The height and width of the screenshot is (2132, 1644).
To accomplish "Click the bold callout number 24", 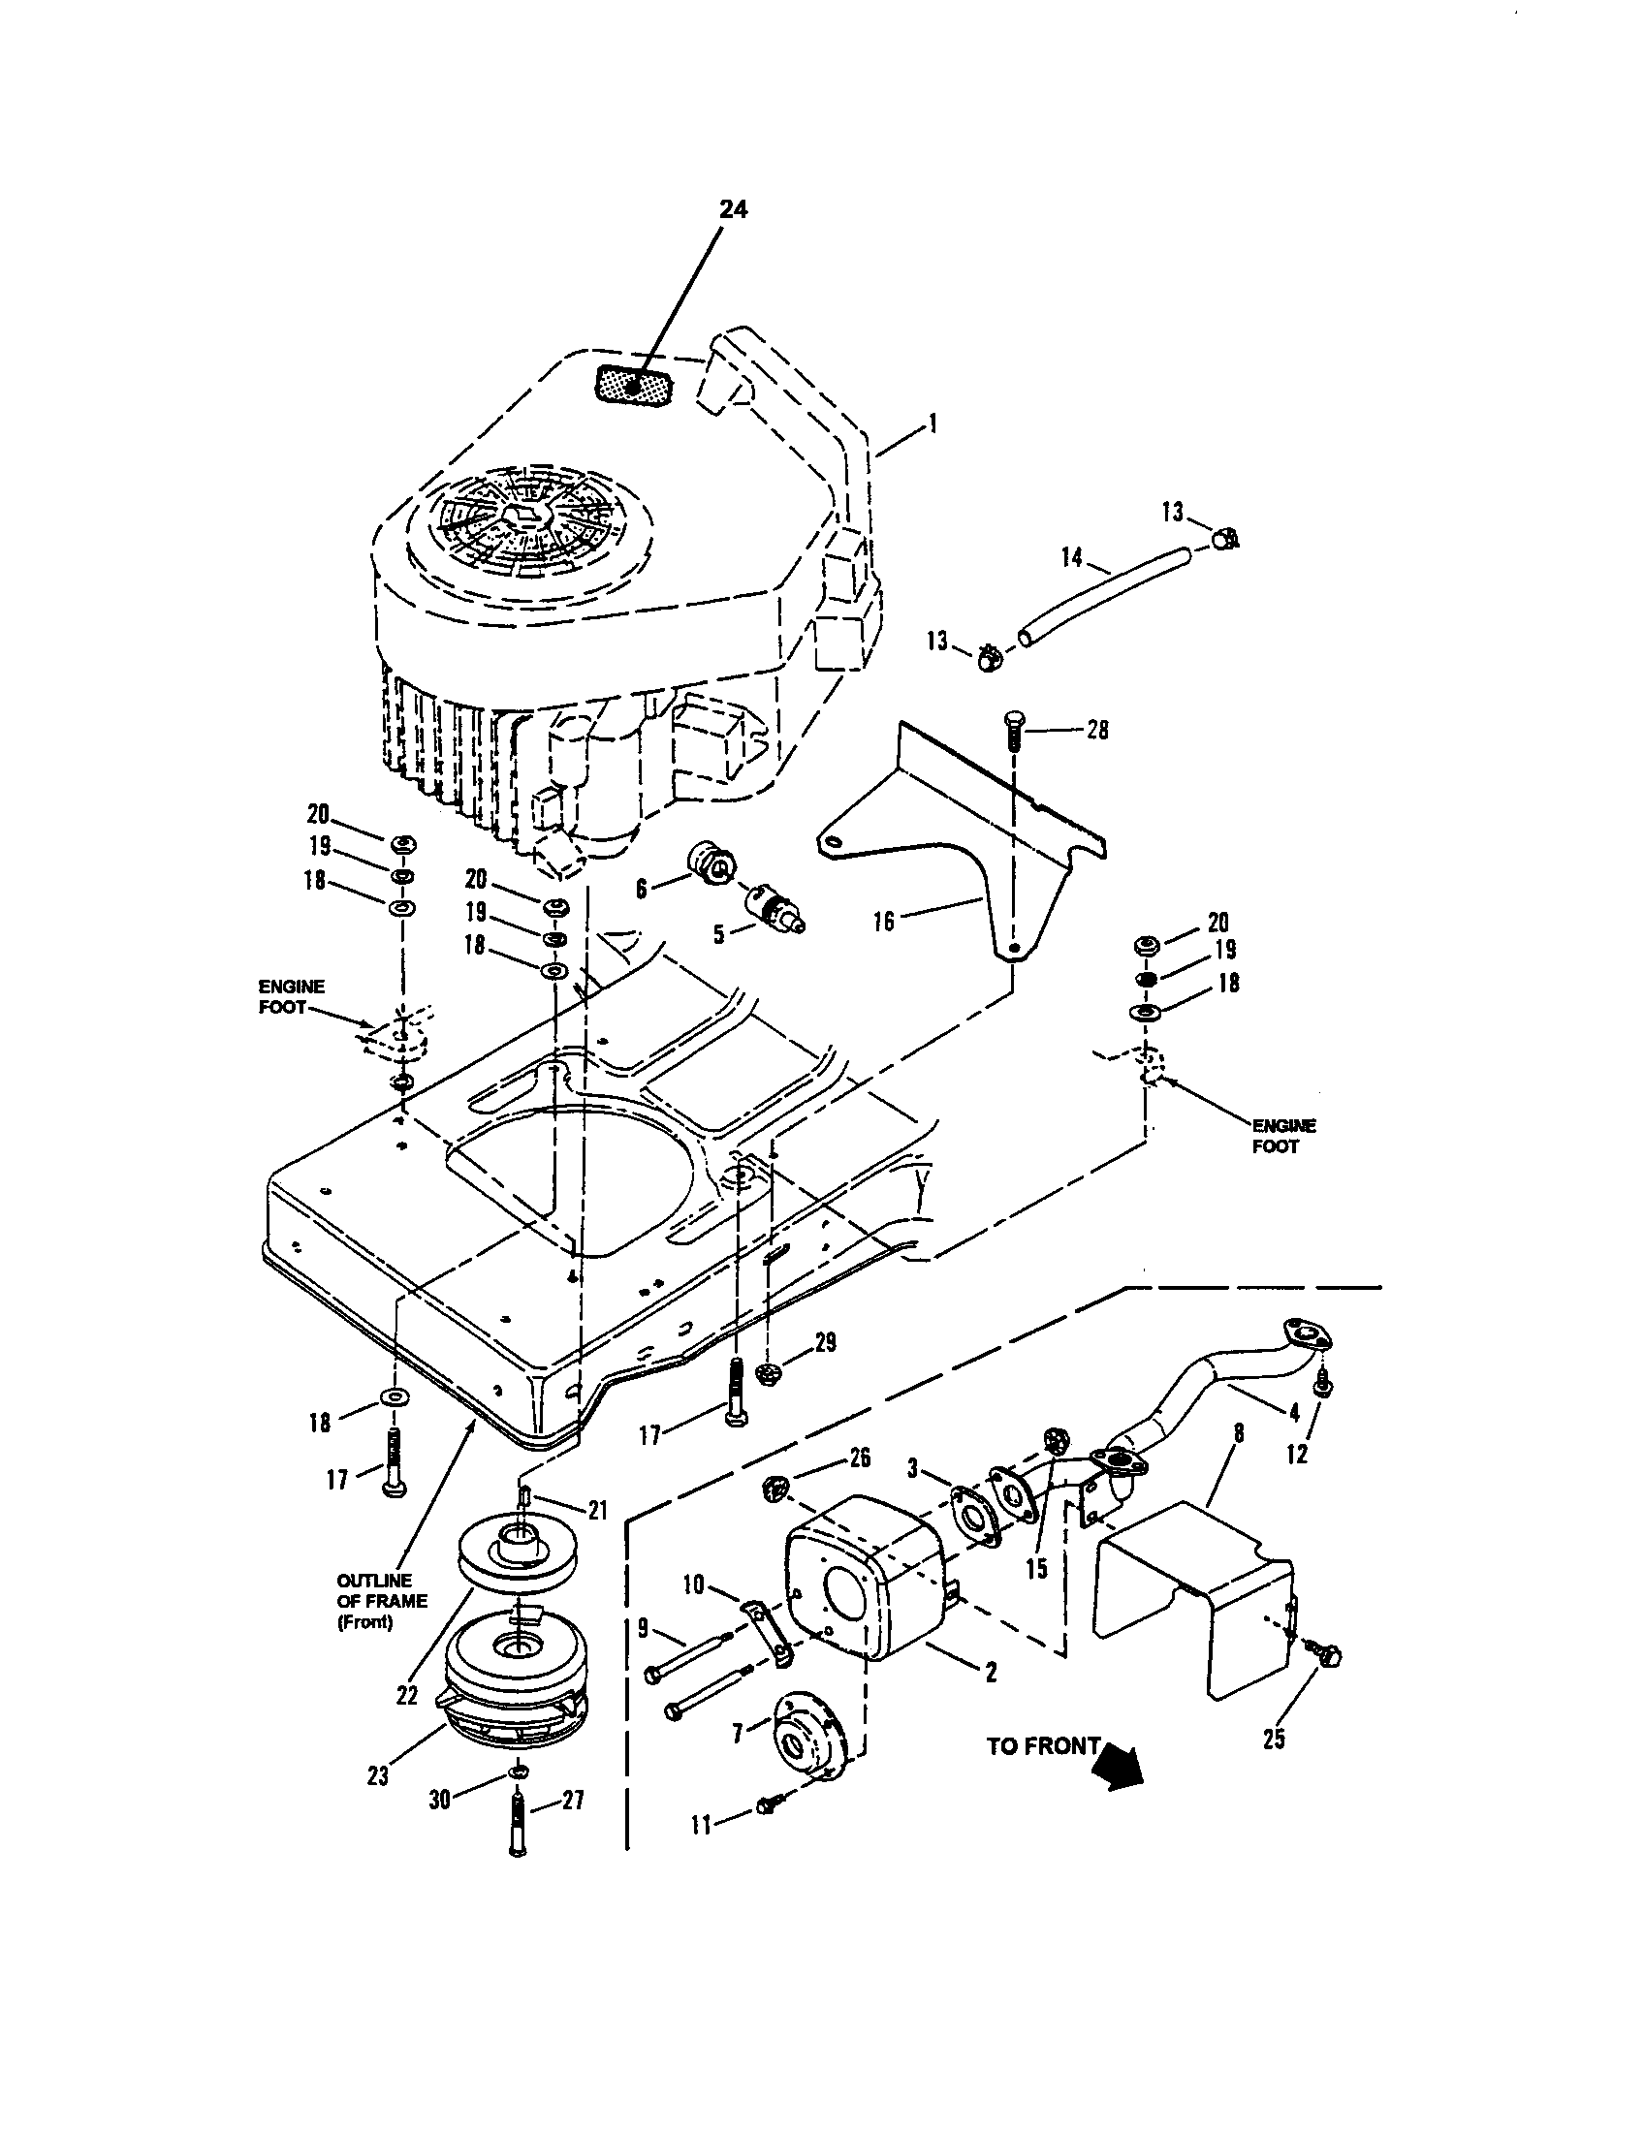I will pos(733,209).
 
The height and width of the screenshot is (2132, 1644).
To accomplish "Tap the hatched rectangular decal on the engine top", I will pos(634,387).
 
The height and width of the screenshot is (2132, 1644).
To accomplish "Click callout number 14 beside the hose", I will pos(1071,556).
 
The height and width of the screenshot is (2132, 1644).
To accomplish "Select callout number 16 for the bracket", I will pos(882,921).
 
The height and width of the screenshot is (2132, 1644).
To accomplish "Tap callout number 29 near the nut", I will pos(825,1343).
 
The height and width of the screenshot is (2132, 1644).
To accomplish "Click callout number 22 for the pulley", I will pos(407,1695).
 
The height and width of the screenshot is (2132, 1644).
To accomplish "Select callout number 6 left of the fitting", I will pos(641,888).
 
